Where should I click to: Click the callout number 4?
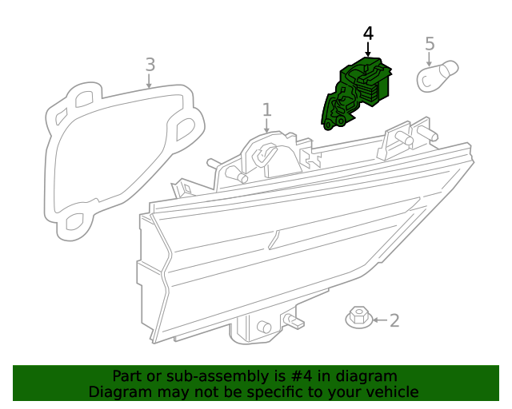[368, 34]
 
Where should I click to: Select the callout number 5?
[430, 44]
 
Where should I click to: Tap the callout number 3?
[150, 65]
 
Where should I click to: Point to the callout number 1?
[267, 110]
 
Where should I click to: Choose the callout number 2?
[394, 320]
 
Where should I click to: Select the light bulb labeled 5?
[438, 76]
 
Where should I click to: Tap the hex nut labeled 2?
[359, 317]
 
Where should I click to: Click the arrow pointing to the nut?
[380, 320]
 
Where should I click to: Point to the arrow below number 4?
[368, 50]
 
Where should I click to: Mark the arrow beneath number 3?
[149, 81]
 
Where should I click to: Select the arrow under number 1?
[266, 126]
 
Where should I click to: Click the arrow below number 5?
[429, 59]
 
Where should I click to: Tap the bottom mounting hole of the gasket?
[74, 222]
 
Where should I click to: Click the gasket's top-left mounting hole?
[84, 100]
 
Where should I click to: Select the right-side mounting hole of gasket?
[185, 129]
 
